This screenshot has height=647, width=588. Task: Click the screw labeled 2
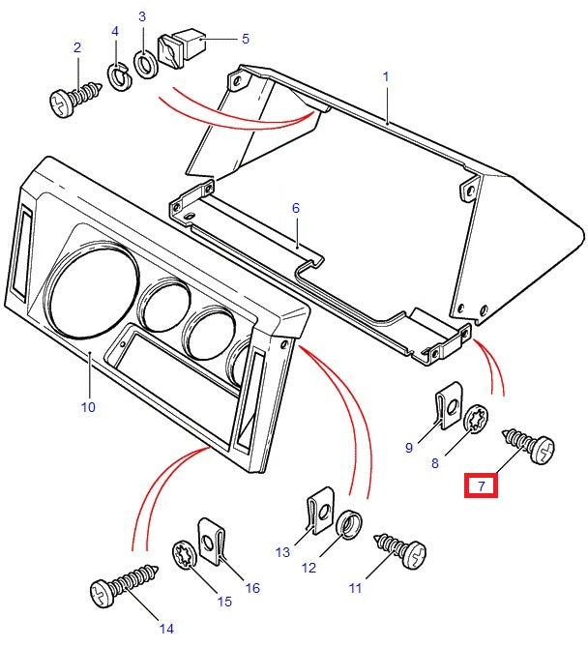73,98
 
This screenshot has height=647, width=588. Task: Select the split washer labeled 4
119,75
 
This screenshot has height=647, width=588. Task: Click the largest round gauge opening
87,292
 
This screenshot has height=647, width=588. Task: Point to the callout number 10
88,407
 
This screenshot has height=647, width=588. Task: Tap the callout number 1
385,74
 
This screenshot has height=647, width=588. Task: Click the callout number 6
296,207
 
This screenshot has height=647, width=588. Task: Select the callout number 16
253,587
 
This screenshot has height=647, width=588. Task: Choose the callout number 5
245,39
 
